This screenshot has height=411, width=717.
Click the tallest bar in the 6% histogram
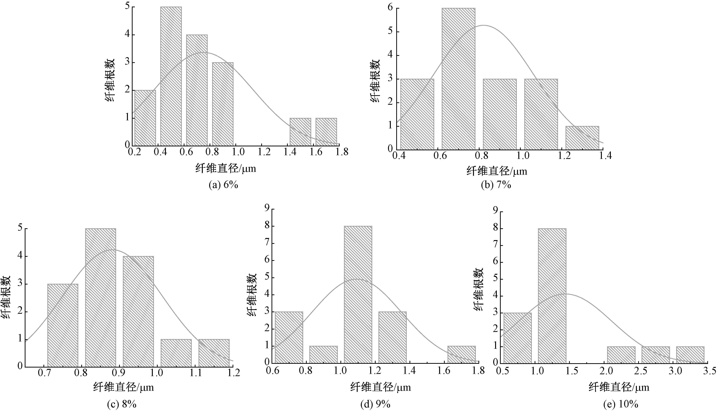171,76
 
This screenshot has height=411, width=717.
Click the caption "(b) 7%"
496,185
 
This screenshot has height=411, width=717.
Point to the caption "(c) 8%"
122,404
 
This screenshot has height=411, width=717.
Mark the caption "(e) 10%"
621,404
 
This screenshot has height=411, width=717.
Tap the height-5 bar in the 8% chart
100,298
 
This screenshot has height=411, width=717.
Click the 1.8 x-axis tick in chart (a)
342,152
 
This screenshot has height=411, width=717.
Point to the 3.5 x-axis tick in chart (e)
710,371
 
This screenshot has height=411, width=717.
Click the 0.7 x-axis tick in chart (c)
44,373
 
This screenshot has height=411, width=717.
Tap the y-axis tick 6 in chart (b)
390,8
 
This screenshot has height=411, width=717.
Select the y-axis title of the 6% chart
110,80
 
